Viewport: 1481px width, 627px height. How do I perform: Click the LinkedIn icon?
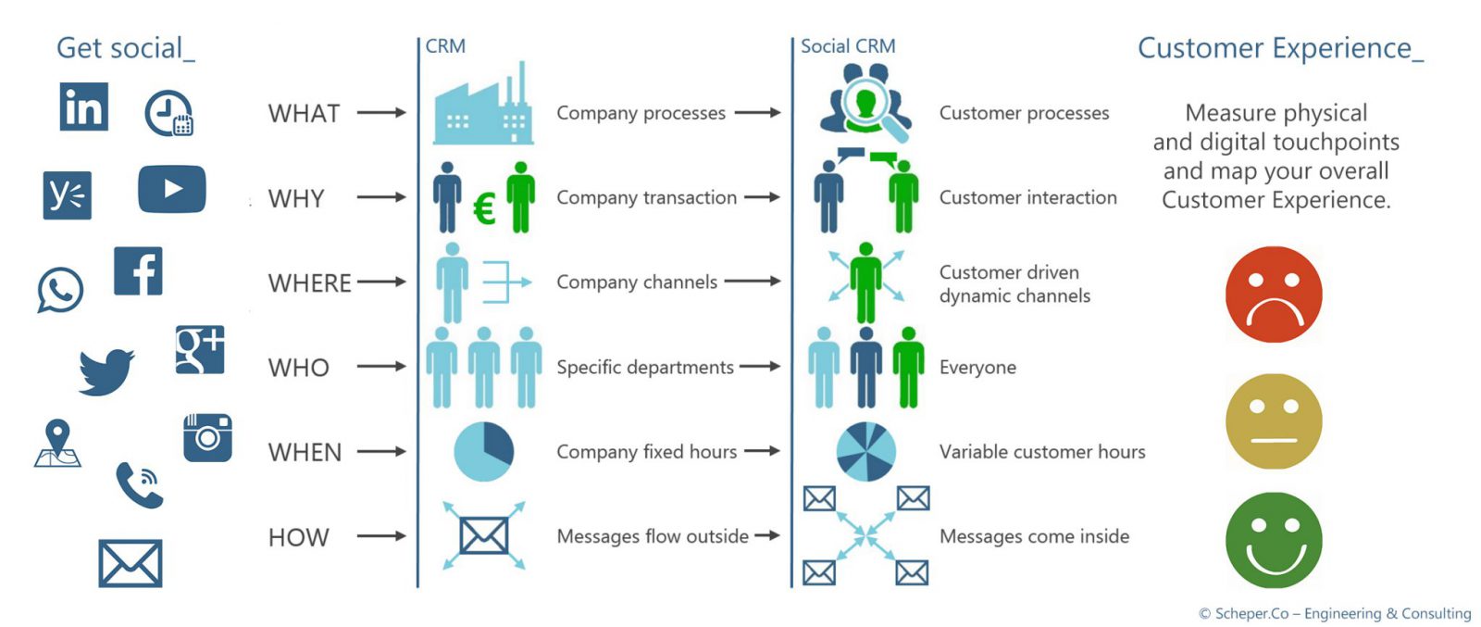(83, 107)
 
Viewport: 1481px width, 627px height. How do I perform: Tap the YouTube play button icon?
(172, 189)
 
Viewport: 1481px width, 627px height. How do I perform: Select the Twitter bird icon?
(106, 371)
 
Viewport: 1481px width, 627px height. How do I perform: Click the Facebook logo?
(138, 271)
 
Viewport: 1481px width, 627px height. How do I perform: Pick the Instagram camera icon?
(207, 437)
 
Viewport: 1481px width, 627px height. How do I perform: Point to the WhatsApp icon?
(60, 290)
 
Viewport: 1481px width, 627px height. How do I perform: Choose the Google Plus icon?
(200, 350)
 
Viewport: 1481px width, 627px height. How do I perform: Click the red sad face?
(1274, 295)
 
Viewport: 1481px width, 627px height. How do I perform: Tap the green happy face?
(1274, 540)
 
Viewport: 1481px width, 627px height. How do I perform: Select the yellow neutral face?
(1274, 421)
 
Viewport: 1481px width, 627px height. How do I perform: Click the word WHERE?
(309, 282)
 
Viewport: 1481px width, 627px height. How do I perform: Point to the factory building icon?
(483, 109)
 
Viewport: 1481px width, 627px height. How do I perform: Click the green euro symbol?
(484, 209)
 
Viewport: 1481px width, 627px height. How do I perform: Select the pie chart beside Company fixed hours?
(483, 452)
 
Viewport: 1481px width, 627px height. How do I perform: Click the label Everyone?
(977, 368)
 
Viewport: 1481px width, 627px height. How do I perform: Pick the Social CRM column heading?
(848, 46)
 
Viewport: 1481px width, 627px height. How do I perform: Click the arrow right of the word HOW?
(381, 536)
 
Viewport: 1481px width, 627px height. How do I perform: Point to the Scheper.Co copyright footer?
(1335, 613)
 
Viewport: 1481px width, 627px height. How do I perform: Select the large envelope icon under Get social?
(131, 563)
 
